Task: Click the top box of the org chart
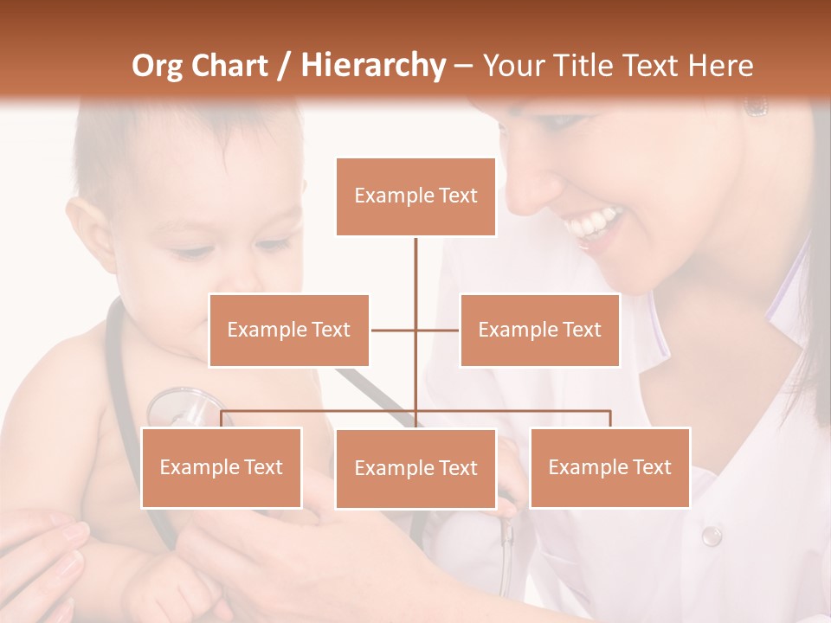coord(415,196)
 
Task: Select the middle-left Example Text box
coord(289,330)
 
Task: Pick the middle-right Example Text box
coord(539,330)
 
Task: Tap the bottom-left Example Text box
coord(222,467)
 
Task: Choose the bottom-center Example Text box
coord(415,468)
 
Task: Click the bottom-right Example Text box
coord(609,467)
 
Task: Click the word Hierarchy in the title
coord(373,65)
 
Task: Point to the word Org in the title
coord(158,65)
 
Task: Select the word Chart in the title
coord(230,65)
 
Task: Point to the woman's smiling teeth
coord(593,224)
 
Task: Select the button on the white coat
coord(711,536)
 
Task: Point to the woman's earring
coord(756,106)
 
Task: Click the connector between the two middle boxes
coord(415,330)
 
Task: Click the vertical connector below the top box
coord(415,265)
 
